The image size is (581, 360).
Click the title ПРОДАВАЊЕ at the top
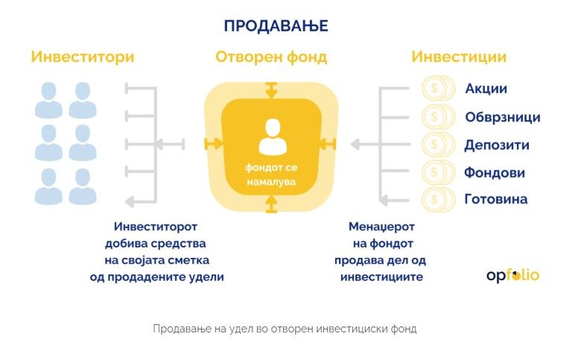click(x=276, y=26)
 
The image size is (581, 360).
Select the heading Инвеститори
click(x=83, y=57)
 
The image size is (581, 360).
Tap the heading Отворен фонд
click(x=271, y=57)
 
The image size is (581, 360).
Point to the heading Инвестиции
click(x=459, y=57)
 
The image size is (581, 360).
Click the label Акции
click(x=486, y=89)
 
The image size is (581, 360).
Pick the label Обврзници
click(x=503, y=117)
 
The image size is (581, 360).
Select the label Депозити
click(x=495, y=145)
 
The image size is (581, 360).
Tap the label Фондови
click(x=495, y=172)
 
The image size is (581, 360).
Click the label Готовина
click(x=495, y=199)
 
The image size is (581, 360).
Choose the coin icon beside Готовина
click(x=434, y=199)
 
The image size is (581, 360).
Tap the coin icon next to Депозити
click(x=434, y=145)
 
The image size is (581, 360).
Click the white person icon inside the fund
click(x=271, y=136)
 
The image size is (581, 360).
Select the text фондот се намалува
click(x=271, y=174)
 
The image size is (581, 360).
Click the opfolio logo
click(x=512, y=275)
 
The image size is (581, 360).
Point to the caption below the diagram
click(x=285, y=328)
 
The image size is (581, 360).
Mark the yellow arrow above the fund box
click(x=271, y=90)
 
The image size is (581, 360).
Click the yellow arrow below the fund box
click(x=271, y=203)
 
